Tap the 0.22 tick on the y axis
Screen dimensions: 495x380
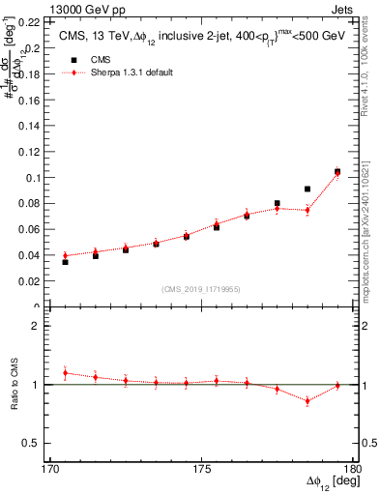coord(30,22)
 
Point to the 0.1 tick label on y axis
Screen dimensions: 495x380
coord(33,178)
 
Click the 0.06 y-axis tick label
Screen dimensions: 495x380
coord(30,230)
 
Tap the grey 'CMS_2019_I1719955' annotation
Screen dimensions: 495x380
coord(201,288)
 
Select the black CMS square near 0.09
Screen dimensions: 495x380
coord(307,189)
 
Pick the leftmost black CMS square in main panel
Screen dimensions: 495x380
coord(65,262)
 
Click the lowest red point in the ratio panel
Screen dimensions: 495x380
coord(307,400)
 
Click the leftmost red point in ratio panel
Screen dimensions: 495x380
coord(65,372)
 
